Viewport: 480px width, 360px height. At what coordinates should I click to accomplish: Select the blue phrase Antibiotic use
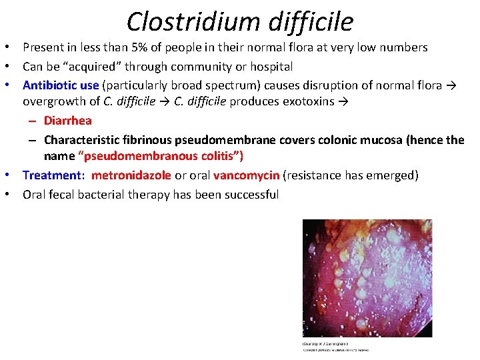pos(61,85)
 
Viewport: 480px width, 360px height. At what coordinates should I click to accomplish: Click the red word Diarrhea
pos(68,121)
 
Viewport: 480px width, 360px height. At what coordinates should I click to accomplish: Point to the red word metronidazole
pos(131,175)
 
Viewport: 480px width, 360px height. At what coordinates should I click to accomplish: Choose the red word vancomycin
pos(246,175)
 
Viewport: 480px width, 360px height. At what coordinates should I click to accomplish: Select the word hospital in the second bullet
pos(272,67)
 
